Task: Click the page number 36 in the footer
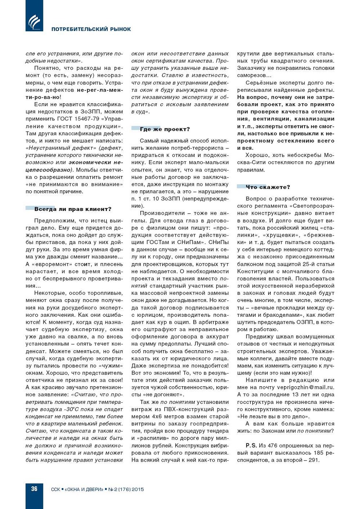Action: pyautogui.click(x=34, y=489)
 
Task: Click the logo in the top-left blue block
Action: pyautogui.click(x=34, y=22)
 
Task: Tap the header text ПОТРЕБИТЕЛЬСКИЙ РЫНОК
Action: pyautogui.click(x=91, y=29)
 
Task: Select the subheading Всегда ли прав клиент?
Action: pyautogui.click(x=73, y=209)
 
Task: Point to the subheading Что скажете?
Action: pyautogui.click(x=268, y=187)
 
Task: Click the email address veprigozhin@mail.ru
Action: pyautogui.click(x=306, y=387)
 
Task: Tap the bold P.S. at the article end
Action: pyautogui.click(x=251, y=445)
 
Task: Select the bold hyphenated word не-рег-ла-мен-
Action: pyautogui.click(x=100, y=90)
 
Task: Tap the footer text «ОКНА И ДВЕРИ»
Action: pyautogui.click(x=84, y=490)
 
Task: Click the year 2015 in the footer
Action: pyautogui.click(x=138, y=490)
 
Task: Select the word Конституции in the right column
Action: pyautogui.click(x=254, y=272)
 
